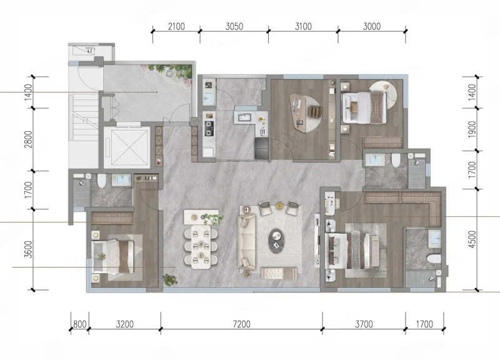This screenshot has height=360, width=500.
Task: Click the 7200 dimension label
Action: pos(241,324)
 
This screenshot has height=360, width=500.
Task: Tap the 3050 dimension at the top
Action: pos(234,26)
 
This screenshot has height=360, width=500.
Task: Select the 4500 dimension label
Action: pos(472,239)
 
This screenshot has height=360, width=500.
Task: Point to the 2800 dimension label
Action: pos(28,139)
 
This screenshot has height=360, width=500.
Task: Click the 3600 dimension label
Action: pos(28,249)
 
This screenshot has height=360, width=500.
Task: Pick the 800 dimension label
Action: pos(80,324)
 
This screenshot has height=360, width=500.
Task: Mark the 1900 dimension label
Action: pos(472,129)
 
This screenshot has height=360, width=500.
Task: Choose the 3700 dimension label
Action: pos(364,324)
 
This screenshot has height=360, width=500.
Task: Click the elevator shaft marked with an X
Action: pos(127,147)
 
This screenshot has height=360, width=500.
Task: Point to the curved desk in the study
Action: pos(298,112)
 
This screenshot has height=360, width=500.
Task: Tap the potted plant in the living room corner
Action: pos(170,280)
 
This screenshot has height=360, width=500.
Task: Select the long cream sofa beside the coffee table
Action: pos(247,242)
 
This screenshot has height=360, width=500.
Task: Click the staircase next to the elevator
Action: pos(84,119)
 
